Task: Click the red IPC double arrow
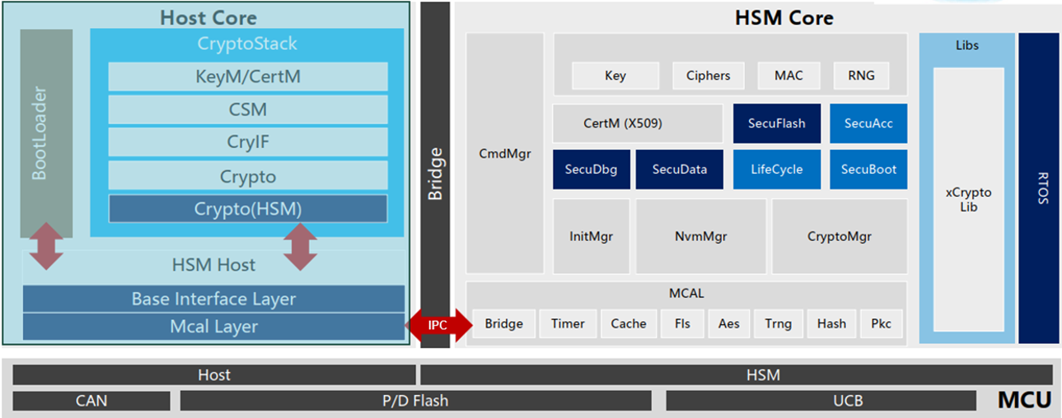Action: coord(437,325)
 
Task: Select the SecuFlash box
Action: coord(776,123)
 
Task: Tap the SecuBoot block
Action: coord(868,170)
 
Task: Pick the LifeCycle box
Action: coord(776,170)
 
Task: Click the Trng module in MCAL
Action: coord(778,323)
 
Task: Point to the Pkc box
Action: coord(881,323)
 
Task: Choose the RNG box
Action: coord(861,76)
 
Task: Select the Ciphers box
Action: coord(708,76)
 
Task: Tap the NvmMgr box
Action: coord(700,236)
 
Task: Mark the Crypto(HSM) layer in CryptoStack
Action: coord(248,209)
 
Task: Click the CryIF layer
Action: coord(248,142)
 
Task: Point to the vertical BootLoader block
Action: coord(46,132)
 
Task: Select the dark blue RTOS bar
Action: coord(1038,188)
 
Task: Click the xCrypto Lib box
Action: coord(968,200)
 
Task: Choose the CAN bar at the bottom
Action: coord(91,402)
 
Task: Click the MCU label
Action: coord(1024,401)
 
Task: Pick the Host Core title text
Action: coord(208,17)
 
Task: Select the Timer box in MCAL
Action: coord(568,323)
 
